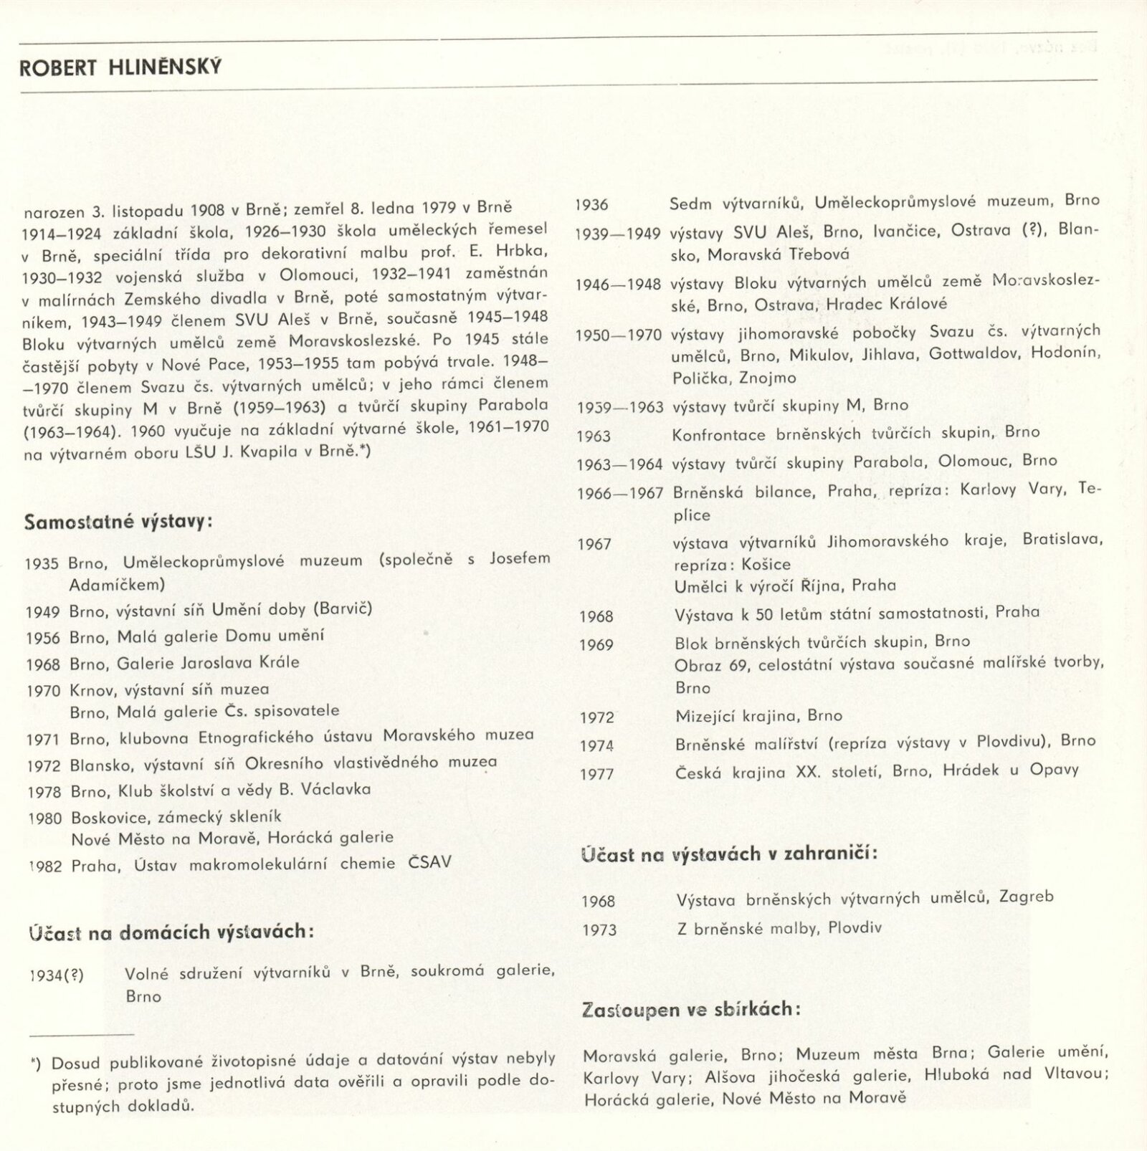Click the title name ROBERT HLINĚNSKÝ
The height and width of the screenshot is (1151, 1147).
point(120,67)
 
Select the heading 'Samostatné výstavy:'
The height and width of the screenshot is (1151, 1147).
point(118,521)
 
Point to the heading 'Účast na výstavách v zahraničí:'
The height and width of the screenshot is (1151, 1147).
point(729,854)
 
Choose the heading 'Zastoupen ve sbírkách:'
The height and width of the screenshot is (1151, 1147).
point(692,1010)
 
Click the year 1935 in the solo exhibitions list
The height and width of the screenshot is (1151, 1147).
point(42,563)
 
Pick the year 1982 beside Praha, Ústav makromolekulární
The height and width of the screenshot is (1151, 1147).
point(44,866)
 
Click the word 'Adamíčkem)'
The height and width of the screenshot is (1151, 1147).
point(118,585)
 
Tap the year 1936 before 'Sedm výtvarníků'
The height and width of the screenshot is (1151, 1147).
point(591,205)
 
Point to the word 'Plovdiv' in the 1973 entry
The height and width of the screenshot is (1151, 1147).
point(855,928)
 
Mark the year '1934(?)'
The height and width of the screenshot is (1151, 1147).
point(57,975)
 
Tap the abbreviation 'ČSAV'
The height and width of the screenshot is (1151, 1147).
point(430,861)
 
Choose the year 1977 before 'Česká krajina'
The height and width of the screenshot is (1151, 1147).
point(596,774)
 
